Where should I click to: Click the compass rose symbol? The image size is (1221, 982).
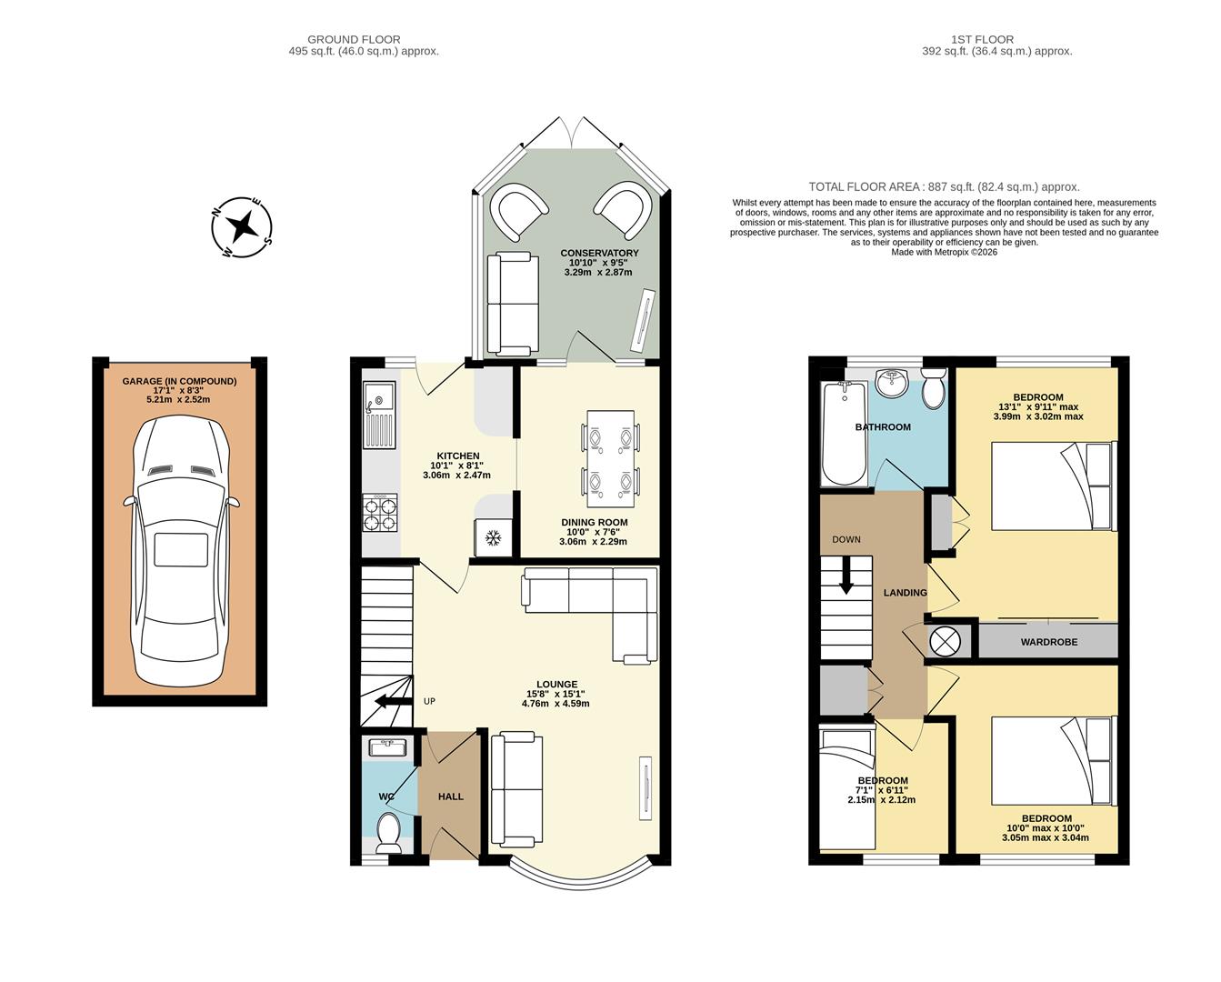tap(242, 226)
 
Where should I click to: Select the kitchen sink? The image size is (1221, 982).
tap(379, 402)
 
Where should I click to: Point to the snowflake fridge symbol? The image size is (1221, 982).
tap(493, 538)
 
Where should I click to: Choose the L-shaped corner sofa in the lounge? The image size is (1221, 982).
tap(600, 605)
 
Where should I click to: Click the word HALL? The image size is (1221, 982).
tap(451, 797)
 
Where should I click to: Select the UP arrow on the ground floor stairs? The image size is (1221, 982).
tap(392, 701)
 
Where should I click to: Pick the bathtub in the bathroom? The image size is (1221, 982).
tap(845, 435)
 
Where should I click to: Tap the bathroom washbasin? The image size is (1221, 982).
tap(893, 382)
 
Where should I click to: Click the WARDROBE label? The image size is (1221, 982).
tap(1048, 642)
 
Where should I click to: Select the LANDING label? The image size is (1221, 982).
tap(906, 593)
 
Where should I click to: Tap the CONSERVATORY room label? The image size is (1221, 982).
tap(599, 253)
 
